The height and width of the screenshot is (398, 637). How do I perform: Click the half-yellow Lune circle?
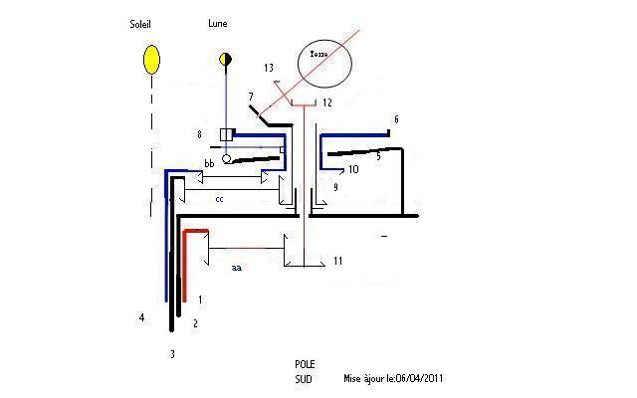point(226,60)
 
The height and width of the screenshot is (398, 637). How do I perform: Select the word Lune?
point(218,23)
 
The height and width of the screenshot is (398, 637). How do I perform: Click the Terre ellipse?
point(325,64)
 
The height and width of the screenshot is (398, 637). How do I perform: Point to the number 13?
point(269,68)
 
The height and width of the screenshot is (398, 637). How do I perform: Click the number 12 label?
point(326,102)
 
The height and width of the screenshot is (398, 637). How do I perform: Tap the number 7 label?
point(250,95)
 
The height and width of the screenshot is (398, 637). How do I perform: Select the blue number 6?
point(396,118)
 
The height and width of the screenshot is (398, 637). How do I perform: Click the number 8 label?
point(200,132)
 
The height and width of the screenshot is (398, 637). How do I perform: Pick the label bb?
point(209,163)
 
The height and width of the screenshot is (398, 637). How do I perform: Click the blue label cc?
point(220,199)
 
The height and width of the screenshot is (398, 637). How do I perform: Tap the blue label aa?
point(236,268)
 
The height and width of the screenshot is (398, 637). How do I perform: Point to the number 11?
point(338,261)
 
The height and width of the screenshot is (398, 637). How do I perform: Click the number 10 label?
point(352,170)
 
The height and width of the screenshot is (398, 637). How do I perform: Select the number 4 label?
point(142,318)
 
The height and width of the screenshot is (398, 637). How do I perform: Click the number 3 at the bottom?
point(172,353)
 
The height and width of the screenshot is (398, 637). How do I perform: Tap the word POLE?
point(306,365)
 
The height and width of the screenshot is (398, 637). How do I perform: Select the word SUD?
point(304,380)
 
